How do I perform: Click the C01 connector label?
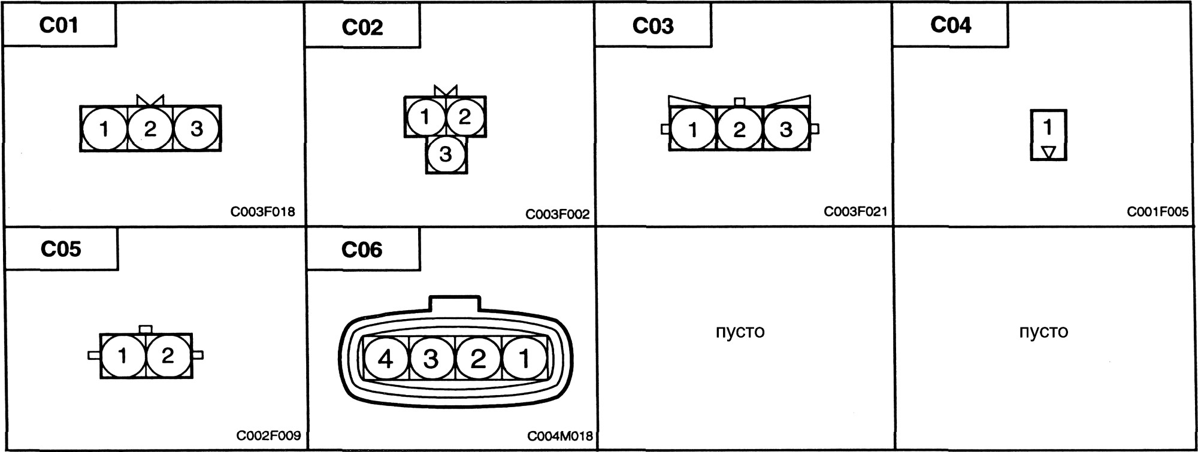click(59, 25)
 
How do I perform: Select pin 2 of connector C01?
click(150, 129)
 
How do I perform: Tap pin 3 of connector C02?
click(445, 154)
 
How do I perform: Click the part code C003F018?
click(262, 212)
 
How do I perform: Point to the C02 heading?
click(362, 28)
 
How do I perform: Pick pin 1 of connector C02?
click(425, 117)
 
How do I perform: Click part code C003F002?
click(558, 214)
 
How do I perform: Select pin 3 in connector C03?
click(786, 129)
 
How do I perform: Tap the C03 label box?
click(653, 25)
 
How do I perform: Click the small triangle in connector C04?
click(1048, 152)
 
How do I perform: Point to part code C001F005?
click(1158, 212)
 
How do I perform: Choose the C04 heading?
click(951, 25)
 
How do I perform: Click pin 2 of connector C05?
click(168, 356)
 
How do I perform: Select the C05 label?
click(61, 249)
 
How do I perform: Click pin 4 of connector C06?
click(386, 359)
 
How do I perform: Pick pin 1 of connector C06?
click(524, 359)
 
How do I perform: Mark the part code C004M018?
click(560, 436)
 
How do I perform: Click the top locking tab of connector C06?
click(455, 303)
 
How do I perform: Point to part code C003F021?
click(855, 211)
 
